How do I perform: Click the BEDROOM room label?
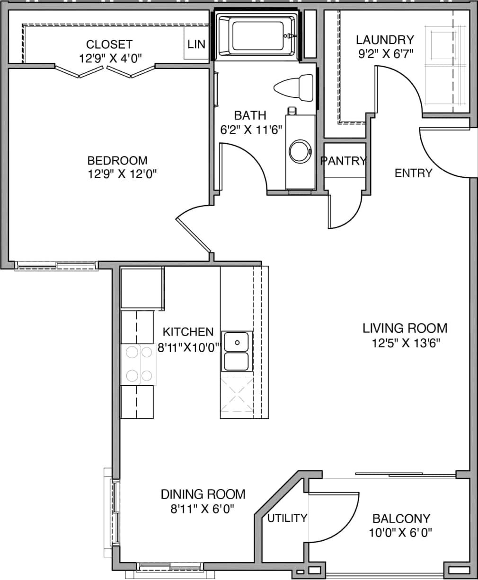[x=117, y=161]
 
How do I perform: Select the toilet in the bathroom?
[x=293, y=87]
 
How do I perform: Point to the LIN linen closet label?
[x=196, y=44]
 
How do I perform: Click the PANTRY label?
[x=344, y=161]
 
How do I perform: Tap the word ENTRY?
[x=413, y=173]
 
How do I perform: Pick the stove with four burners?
[x=138, y=364]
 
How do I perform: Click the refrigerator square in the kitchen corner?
[x=142, y=288]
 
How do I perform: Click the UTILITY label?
[x=287, y=518]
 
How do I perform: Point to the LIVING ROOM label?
[x=405, y=328]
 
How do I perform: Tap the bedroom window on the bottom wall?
[x=57, y=266]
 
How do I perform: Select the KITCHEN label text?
[x=188, y=332]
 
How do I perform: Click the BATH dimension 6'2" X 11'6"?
[x=250, y=129]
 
